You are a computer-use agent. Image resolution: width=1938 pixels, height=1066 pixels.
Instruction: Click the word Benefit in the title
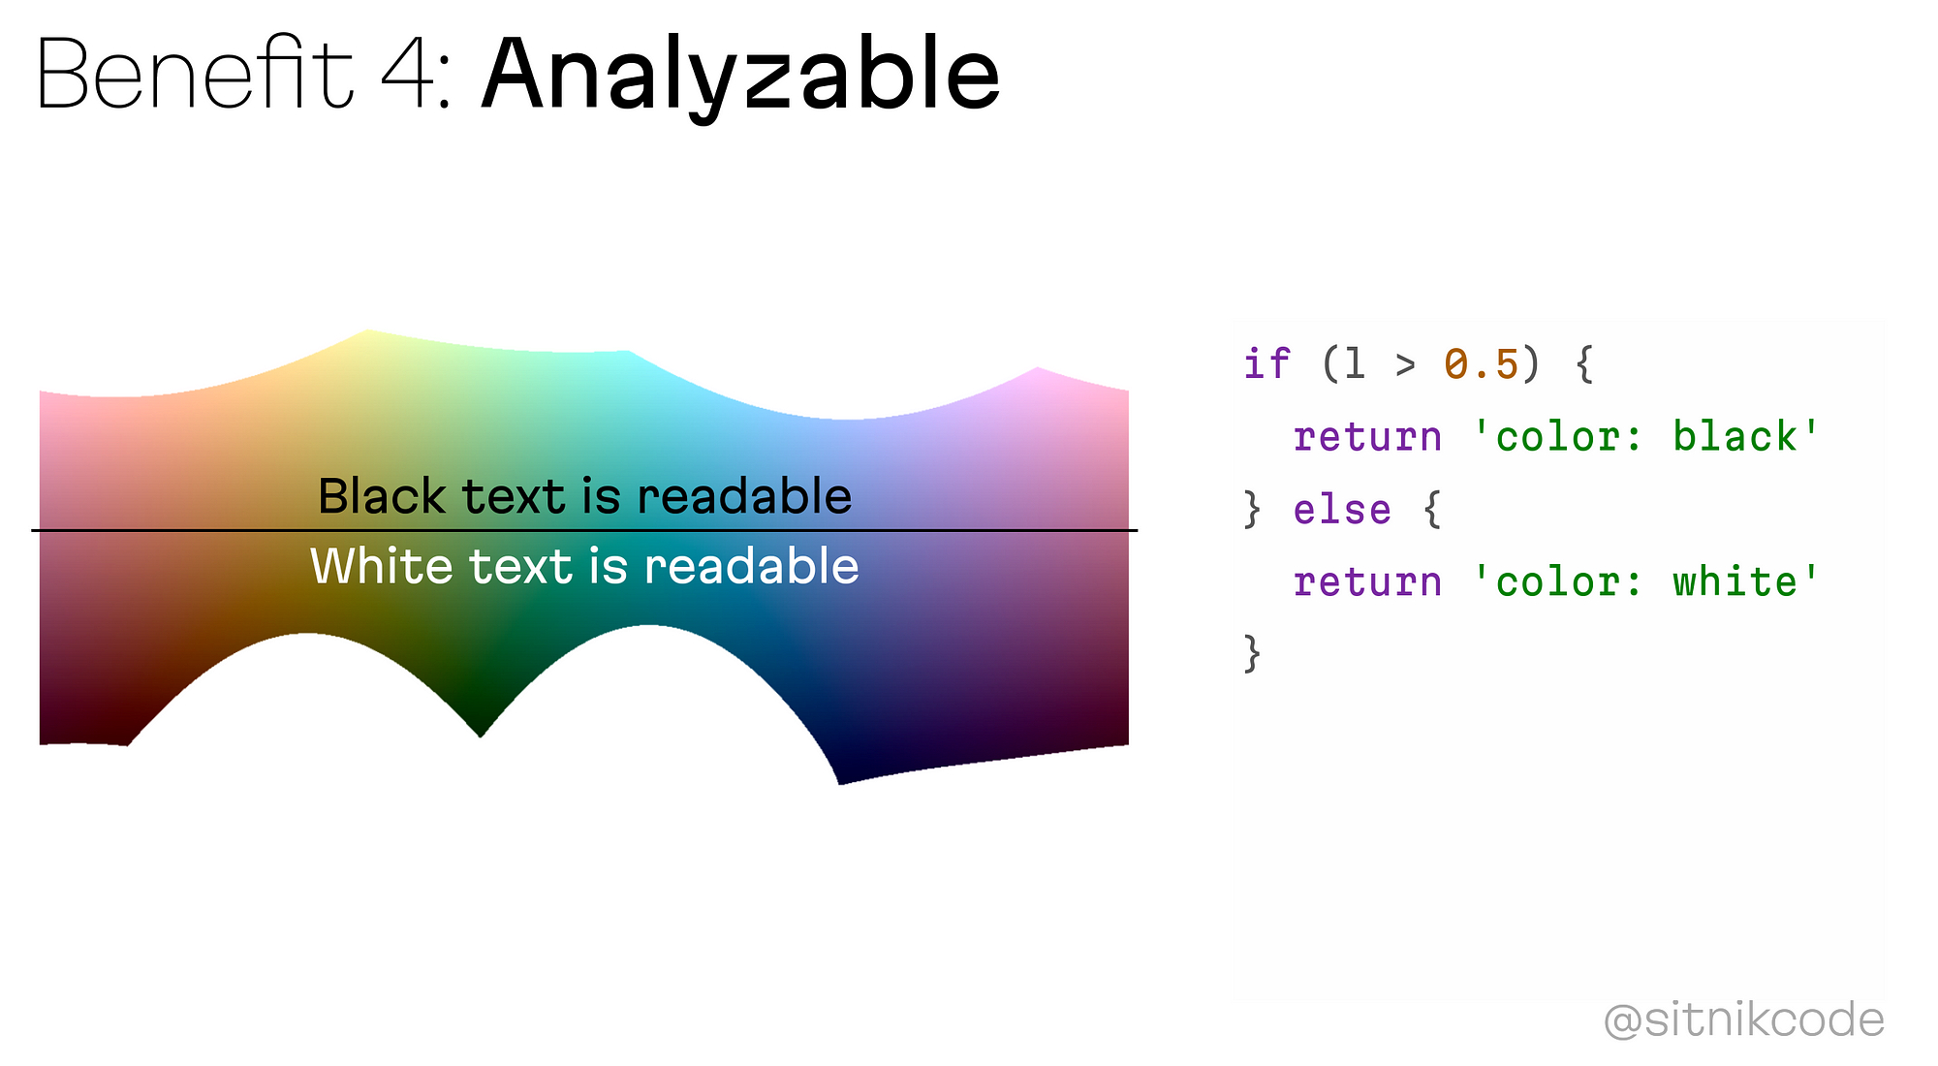click(195, 75)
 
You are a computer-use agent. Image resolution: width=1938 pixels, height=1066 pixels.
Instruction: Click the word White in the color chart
click(381, 566)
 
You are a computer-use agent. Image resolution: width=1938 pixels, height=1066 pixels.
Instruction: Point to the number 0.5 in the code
click(1481, 364)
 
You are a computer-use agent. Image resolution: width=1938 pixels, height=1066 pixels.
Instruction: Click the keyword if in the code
click(1266, 364)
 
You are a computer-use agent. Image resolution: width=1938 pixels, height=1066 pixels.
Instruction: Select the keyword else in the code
click(1342, 510)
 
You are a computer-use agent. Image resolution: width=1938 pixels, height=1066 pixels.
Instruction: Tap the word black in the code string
click(1735, 437)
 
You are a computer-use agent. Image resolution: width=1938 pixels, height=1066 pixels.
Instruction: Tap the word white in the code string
click(1735, 582)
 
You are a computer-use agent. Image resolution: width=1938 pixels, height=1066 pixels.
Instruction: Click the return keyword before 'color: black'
click(1367, 438)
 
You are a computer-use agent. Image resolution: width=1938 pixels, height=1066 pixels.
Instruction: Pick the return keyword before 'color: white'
click(1367, 583)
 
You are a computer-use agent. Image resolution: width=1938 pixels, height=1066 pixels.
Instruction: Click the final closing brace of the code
click(1253, 654)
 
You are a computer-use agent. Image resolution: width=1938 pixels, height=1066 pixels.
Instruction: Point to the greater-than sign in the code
click(1405, 365)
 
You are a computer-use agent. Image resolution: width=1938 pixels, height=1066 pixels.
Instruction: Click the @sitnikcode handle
click(1744, 1020)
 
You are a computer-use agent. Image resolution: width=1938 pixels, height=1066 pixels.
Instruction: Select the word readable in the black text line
click(744, 496)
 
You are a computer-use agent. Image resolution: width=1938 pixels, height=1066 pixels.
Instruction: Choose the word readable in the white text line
click(751, 566)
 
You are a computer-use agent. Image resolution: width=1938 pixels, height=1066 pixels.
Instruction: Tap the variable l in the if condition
click(1355, 364)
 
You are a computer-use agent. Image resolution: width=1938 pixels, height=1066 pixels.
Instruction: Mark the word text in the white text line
click(521, 567)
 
